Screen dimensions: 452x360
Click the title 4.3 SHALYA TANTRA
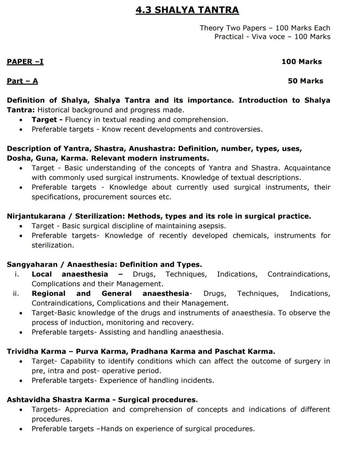pyautogui.click(x=187, y=10)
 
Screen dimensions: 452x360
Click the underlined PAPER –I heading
pyautogui.click(x=25, y=61)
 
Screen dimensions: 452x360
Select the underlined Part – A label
pyautogui.click(x=22, y=81)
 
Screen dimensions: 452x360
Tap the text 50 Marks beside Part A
pyautogui.click(x=305, y=81)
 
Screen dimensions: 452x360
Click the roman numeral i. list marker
pyautogui.click(x=17, y=274)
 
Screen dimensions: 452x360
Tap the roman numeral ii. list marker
pyautogui.click(x=16, y=293)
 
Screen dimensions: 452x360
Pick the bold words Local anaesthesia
pyautogui.click(x=70, y=274)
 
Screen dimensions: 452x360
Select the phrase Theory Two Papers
pyautogui.click(x=234, y=28)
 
